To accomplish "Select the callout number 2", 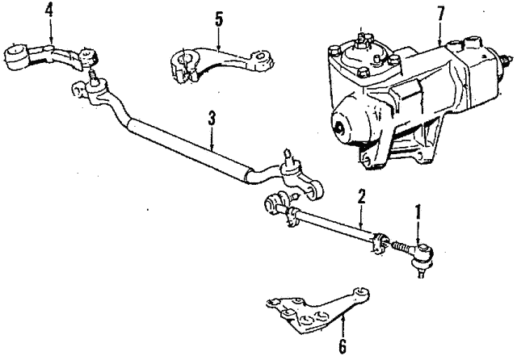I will point(362,196).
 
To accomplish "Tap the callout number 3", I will point(211,119).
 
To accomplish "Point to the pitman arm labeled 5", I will point(218,65).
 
